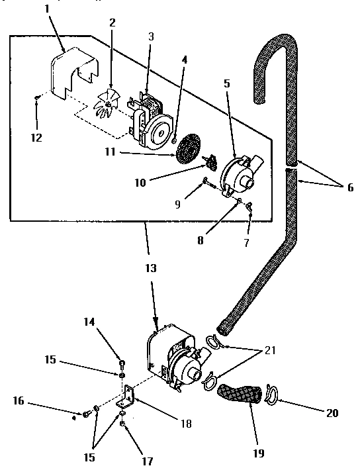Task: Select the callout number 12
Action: click(36, 138)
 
